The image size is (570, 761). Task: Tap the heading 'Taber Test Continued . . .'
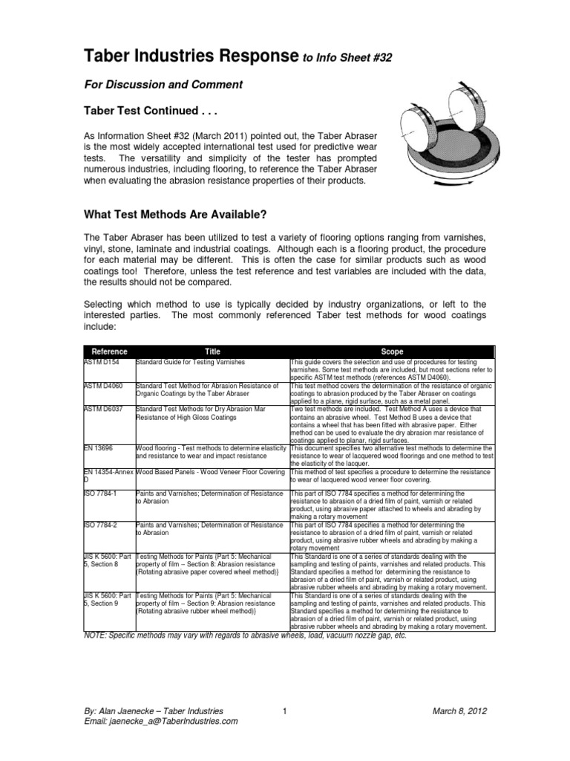[x=151, y=111]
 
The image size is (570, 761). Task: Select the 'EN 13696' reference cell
[x=101, y=449]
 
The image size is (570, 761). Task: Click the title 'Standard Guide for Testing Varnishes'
[x=196, y=362]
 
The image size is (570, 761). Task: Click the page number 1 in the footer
[x=285, y=711]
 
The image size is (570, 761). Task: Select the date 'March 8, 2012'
[x=459, y=711]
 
